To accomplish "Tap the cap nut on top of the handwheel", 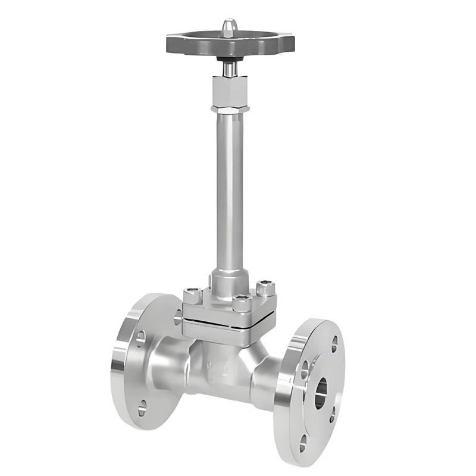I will (x=229, y=27).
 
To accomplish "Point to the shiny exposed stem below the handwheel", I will (x=229, y=69).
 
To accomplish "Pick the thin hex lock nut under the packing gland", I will (x=229, y=108).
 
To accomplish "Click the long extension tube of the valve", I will (x=229, y=190).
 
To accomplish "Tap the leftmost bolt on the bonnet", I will (x=191, y=293).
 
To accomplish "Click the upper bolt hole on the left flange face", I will (x=140, y=338).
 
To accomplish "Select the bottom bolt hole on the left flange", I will (x=142, y=408).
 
